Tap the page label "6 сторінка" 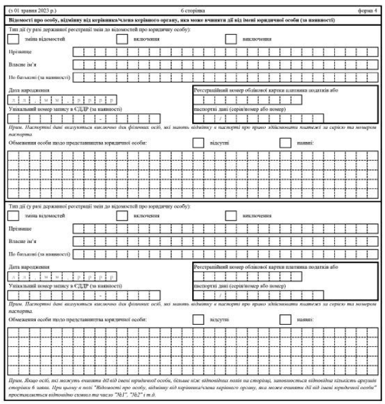(192, 11)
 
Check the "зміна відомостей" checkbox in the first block (13, 39)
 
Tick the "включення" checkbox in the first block (122, 39)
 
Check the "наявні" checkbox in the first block (286, 143)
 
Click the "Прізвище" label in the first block (19, 52)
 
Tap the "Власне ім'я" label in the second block (23, 241)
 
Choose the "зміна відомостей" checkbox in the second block (13, 216)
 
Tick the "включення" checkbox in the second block (122, 216)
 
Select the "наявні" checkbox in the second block (286, 319)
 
